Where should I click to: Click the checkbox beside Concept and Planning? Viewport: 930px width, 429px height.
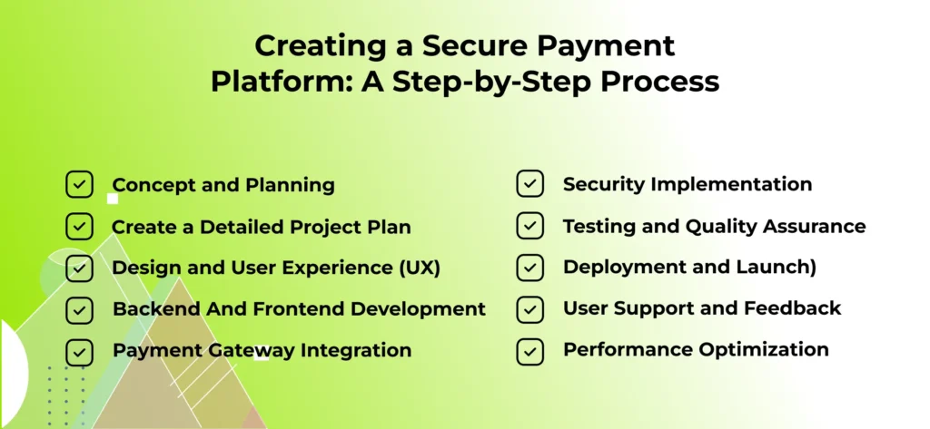coord(80,185)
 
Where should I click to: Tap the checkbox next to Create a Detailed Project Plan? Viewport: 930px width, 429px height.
coord(80,227)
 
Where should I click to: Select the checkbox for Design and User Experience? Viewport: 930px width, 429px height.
coord(80,268)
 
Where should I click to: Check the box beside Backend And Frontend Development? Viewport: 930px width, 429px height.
coord(80,310)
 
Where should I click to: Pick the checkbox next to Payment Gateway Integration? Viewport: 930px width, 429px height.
coord(80,351)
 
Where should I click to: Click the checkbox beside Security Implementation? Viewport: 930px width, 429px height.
coord(530,185)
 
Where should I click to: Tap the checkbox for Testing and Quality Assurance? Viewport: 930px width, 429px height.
coord(530,227)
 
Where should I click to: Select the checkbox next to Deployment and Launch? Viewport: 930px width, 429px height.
coord(530,268)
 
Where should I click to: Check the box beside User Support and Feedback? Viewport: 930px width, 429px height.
coord(530,309)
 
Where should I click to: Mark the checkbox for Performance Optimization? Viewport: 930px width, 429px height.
coord(530,351)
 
